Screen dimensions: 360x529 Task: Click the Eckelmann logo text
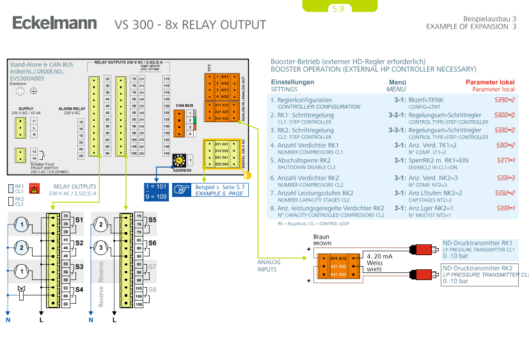click(x=54, y=24)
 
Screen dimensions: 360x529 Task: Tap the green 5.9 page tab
click(x=338, y=9)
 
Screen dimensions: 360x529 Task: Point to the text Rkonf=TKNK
click(x=426, y=100)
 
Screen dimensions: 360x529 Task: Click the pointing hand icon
click(x=183, y=189)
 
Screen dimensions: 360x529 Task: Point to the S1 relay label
click(x=79, y=220)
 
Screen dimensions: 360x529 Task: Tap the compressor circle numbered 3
click(x=100, y=247)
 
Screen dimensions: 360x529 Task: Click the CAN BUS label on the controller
click(x=184, y=106)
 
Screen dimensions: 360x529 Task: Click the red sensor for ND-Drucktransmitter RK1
click(x=423, y=249)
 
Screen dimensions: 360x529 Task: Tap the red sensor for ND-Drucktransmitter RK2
click(x=423, y=274)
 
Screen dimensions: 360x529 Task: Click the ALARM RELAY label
click(x=72, y=109)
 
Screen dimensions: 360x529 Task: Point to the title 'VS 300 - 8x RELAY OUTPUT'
click(x=190, y=26)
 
